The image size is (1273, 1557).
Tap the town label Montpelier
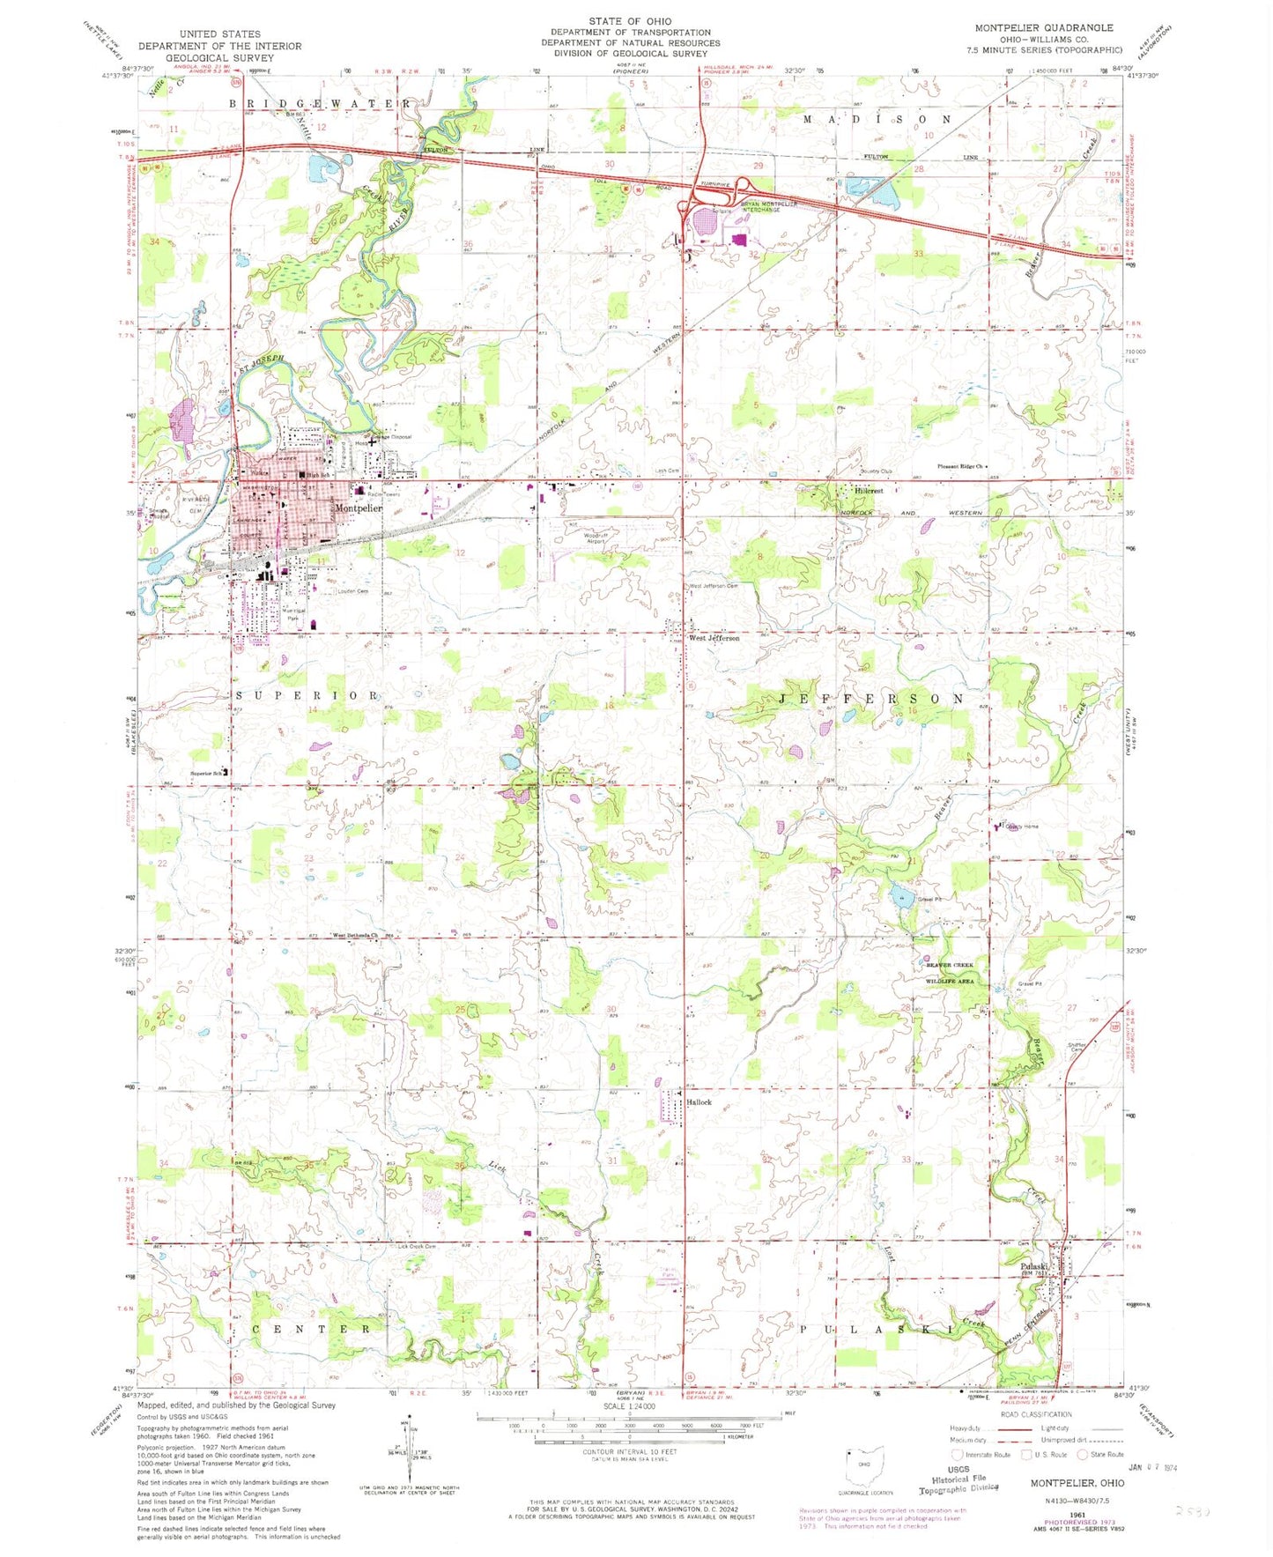pos(357,508)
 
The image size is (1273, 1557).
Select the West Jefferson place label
pos(714,638)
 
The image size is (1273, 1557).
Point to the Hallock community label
pos(699,1102)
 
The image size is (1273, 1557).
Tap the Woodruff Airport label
pos(596,538)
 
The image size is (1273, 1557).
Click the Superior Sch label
pos(206,775)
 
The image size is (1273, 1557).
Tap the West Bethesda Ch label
pos(354,936)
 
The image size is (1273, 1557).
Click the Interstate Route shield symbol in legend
pos(957,1455)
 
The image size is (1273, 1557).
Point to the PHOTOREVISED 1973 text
pos(1079,1522)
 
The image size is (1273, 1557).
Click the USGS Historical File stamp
pos(958,1479)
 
